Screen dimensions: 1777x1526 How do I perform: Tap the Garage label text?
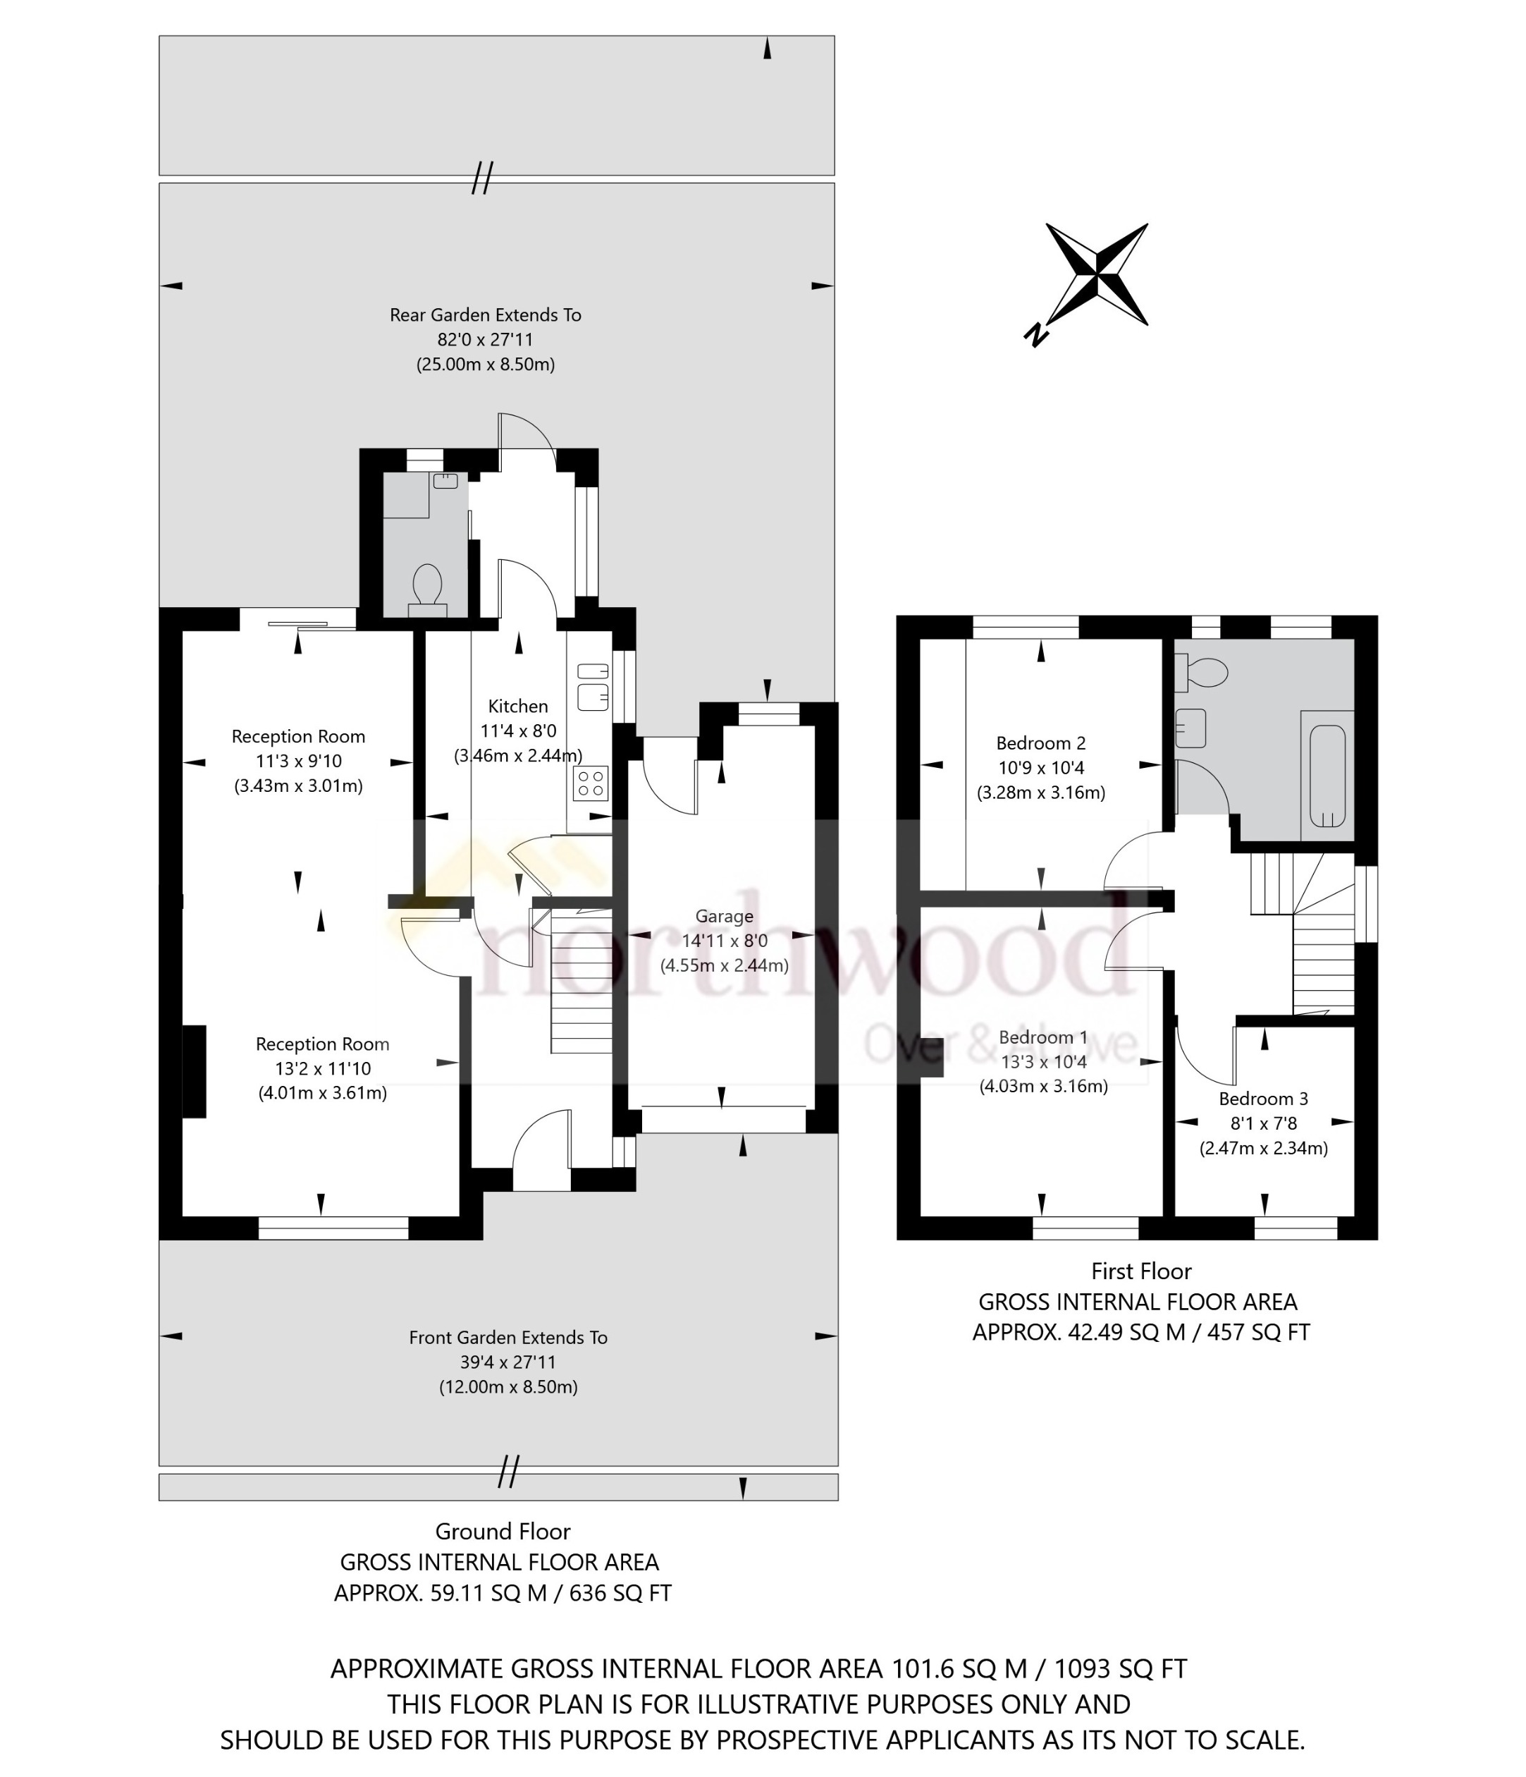(724, 916)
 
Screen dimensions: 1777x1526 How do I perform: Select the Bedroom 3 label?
(1263, 1099)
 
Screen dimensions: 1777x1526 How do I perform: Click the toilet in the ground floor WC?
(427, 587)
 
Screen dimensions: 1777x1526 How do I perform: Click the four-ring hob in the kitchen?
(591, 782)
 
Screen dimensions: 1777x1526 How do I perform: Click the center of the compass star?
(1097, 274)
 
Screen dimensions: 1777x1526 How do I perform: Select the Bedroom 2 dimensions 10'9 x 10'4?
(1041, 768)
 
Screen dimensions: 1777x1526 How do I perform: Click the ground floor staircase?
(580, 987)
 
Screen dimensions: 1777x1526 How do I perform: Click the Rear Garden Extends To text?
(485, 315)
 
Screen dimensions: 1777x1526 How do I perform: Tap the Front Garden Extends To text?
(507, 1337)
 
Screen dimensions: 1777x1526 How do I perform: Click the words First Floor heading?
(1140, 1271)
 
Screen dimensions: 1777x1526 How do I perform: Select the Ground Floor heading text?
(503, 1531)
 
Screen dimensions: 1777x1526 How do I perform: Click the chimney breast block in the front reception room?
(194, 1071)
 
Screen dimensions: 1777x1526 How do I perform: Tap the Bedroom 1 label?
(1042, 1037)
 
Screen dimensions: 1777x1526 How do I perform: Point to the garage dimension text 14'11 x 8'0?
(724, 941)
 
